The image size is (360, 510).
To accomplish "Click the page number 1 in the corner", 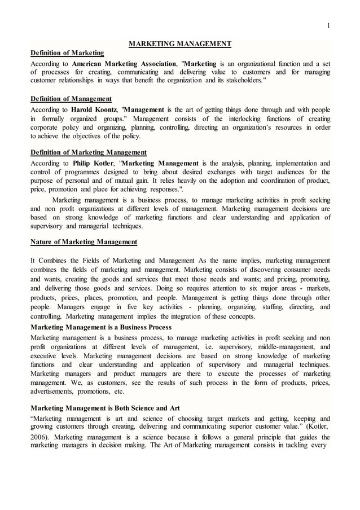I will click(x=328, y=24).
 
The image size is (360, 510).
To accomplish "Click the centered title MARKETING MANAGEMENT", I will click(x=180, y=43).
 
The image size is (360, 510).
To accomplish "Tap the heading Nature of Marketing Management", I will click(x=84, y=242).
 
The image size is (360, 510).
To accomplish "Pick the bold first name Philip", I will click(x=82, y=162).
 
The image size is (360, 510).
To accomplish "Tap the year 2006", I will click(x=39, y=437).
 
